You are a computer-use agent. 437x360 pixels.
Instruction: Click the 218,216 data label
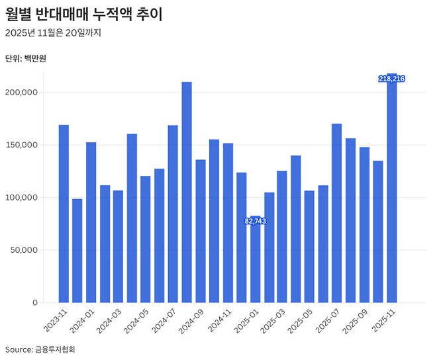tap(391, 79)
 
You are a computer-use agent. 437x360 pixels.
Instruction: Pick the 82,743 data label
tap(255, 221)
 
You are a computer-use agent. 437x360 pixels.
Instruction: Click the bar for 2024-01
tap(91, 222)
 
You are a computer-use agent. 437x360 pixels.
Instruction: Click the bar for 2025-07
tap(337, 212)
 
